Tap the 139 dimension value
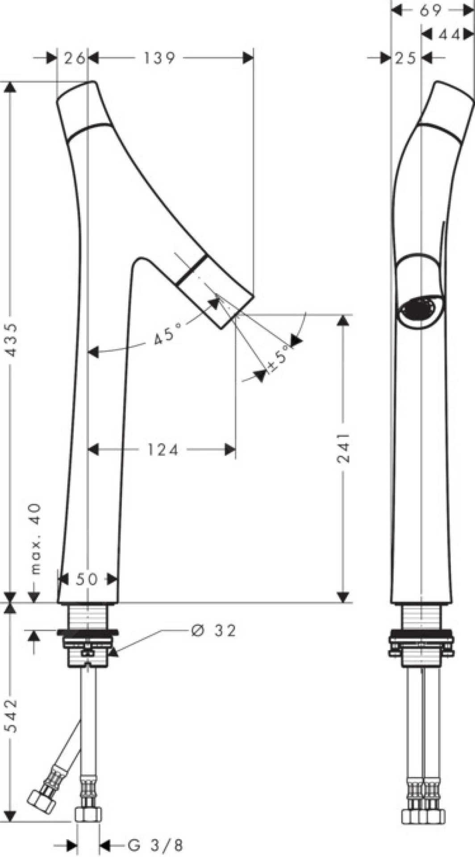point(160,58)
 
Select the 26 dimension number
point(74,58)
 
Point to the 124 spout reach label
point(163,449)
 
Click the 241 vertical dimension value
point(343,448)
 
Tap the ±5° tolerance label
point(280,359)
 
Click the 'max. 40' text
point(35,539)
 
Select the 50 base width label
point(87,579)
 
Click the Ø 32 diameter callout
point(213,630)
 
